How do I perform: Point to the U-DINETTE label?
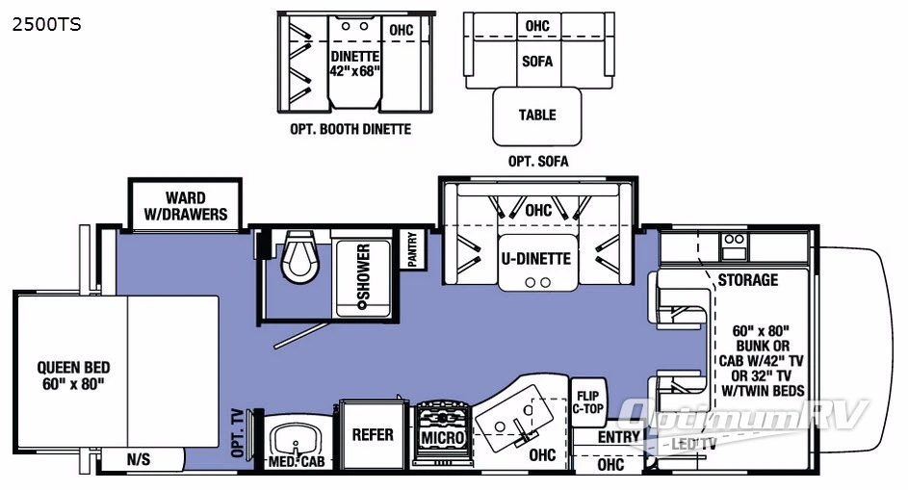(x=534, y=258)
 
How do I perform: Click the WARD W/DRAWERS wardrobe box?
(x=183, y=205)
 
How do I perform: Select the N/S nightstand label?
(x=139, y=460)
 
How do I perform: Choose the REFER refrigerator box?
(x=373, y=434)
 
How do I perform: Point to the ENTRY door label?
(x=618, y=437)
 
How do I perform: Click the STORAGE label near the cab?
(x=747, y=280)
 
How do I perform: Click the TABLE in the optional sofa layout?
(x=537, y=115)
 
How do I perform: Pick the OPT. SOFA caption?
(x=538, y=161)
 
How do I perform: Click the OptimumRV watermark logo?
(x=745, y=416)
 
